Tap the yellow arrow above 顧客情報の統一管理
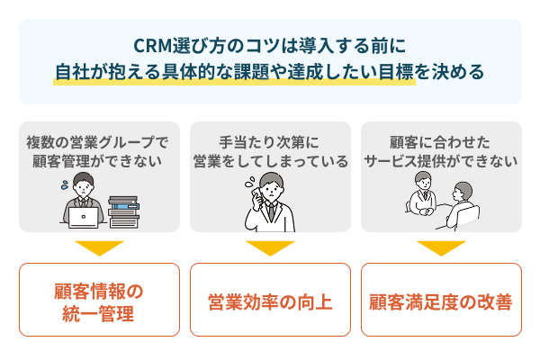click(x=99, y=247)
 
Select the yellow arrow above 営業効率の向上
click(x=270, y=247)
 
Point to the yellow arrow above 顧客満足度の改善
click(x=441, y=247)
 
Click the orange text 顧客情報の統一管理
click(x=99, y=301)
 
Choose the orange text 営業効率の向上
click(x=270, y=301)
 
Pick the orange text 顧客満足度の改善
click(x=441, y=301)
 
